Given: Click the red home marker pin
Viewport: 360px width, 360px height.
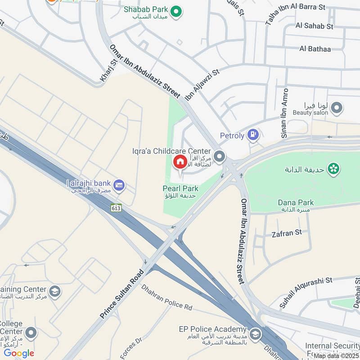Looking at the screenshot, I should pos(180,162).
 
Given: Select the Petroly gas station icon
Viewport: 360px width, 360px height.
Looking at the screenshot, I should pos(254,134).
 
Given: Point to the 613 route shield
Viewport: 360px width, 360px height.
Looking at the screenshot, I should pos(117,208).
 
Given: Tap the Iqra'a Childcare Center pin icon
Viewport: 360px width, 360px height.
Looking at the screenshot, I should pos(219,156).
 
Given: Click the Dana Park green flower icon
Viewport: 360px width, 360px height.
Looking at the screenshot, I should pos(334,169).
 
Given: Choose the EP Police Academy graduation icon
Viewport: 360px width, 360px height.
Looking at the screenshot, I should pos(255,334).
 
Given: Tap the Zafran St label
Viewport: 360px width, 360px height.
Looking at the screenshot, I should pos(287,233).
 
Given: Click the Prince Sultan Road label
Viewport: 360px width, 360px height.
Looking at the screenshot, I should pos(122,294).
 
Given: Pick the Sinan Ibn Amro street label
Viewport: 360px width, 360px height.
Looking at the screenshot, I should pos(284,113).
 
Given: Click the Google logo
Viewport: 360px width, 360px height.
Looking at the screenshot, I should pos(19,353).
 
